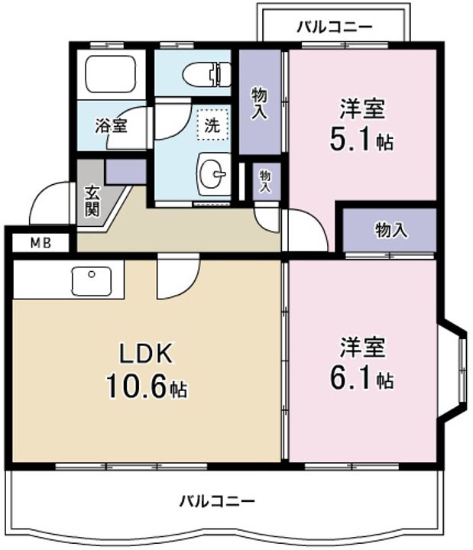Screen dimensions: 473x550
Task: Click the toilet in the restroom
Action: click(x=206, y=74)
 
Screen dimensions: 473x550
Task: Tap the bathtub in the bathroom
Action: click(x=111, y=74)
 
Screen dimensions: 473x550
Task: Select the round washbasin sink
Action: click(x=214, y=174)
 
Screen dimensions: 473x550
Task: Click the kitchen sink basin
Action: click(x=92, y=281)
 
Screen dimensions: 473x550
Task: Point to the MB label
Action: click(x=41, y=243)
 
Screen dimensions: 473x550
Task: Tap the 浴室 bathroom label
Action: click(x=111, y=125)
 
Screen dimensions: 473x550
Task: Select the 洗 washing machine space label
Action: click(x=212, y=125)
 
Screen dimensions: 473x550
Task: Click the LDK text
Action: click(x=146, y=354)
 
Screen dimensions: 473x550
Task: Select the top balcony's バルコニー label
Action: click(x=335, y=27)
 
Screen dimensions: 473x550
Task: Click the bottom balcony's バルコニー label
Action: click(x=217, y=501)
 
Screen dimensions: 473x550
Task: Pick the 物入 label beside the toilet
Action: click(x=259, y=103)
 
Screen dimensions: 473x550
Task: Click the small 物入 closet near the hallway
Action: click(x=266, y=181)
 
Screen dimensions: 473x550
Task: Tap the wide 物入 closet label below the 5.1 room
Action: click(x=391, y=231)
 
